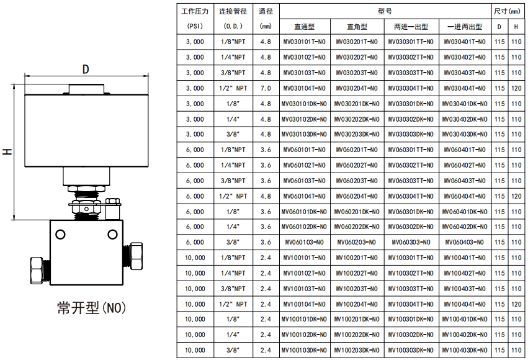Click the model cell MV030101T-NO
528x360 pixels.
[304, 42]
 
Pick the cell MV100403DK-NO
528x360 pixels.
[465, 351]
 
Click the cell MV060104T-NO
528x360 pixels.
[304, 196]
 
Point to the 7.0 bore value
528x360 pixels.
[266, 89]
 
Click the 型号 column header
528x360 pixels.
[385, 11]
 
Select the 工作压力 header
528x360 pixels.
[195, 11]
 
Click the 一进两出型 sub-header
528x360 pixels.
[465, 27]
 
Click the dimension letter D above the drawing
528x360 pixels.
[86, 69]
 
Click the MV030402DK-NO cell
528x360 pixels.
[465, 119]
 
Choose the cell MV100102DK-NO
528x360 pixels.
[304, 335]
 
